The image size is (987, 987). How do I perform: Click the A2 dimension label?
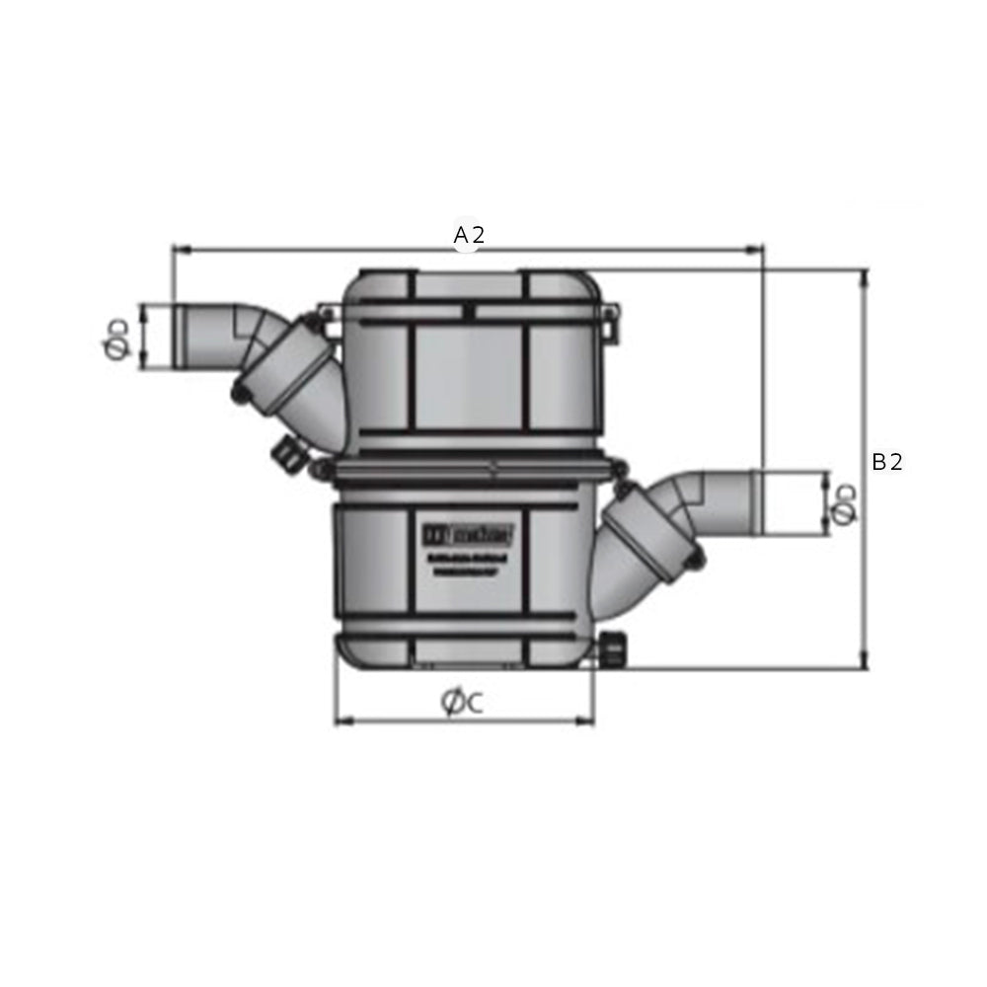coord(469,235)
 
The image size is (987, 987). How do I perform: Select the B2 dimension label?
coord(886,462)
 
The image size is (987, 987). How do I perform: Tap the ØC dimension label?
coord(462,703)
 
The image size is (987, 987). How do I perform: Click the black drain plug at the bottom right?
coord(612,650)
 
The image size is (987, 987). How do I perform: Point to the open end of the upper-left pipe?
coord(180,337)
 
